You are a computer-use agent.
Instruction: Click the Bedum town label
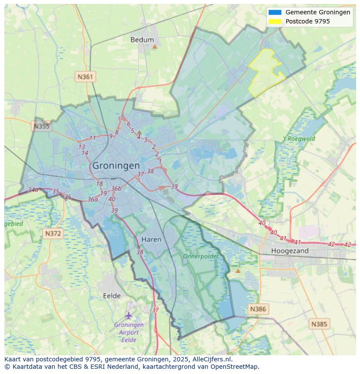(142, 40)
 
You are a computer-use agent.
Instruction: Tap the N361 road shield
(85, 77)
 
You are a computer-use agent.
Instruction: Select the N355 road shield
(41, 126)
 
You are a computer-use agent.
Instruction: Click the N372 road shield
(53, 234)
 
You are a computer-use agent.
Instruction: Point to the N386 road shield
(257, 309)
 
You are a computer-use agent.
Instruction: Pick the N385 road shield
(320, 324)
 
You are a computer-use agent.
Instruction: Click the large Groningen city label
(116, 165)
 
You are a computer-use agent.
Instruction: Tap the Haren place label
(151, 239)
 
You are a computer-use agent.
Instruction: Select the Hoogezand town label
(290, 251)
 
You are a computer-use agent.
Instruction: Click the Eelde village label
(112, 296)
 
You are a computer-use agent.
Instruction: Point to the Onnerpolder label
(200, 256)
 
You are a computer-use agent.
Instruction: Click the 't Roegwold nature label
(299, 139)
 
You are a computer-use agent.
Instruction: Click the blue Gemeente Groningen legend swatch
(275, 12)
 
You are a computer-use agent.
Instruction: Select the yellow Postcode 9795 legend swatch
(275, 21)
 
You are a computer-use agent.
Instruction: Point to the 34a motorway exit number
(33, 190)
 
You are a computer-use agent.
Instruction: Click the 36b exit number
(116, 189)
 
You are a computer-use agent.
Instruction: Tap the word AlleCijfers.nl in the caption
(212, 359)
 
